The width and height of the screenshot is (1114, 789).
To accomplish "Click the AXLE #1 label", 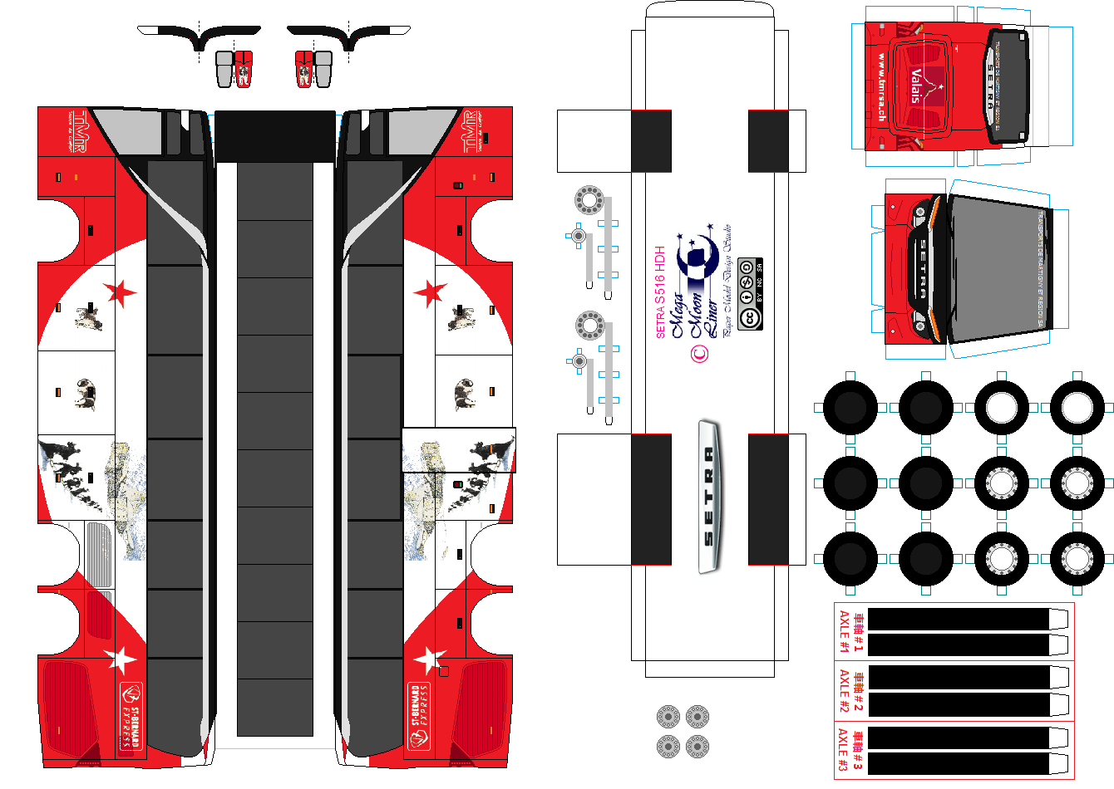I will [x=845, y=632].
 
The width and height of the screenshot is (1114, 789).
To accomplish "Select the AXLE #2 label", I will [x=845, y=691].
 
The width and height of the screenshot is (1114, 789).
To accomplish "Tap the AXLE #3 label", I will [x=845, y=750].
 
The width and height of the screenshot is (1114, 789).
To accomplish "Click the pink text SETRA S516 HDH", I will [x=661, y=292].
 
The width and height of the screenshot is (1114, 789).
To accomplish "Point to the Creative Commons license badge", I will [x=750, y=294].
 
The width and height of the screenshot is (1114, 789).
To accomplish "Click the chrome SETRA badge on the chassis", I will [x=708, y=497].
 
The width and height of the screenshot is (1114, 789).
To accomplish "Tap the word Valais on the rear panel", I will [x=916, y=86].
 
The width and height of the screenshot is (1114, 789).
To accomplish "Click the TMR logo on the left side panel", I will [x=77, y=131].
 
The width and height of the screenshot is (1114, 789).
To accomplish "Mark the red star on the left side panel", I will [x=120, y=292].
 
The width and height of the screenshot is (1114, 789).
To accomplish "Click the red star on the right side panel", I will [x=430, y=292].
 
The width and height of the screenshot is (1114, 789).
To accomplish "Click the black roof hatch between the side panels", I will [x=274, y=136].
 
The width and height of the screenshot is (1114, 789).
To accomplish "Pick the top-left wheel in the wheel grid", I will [x=850, y=408].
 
